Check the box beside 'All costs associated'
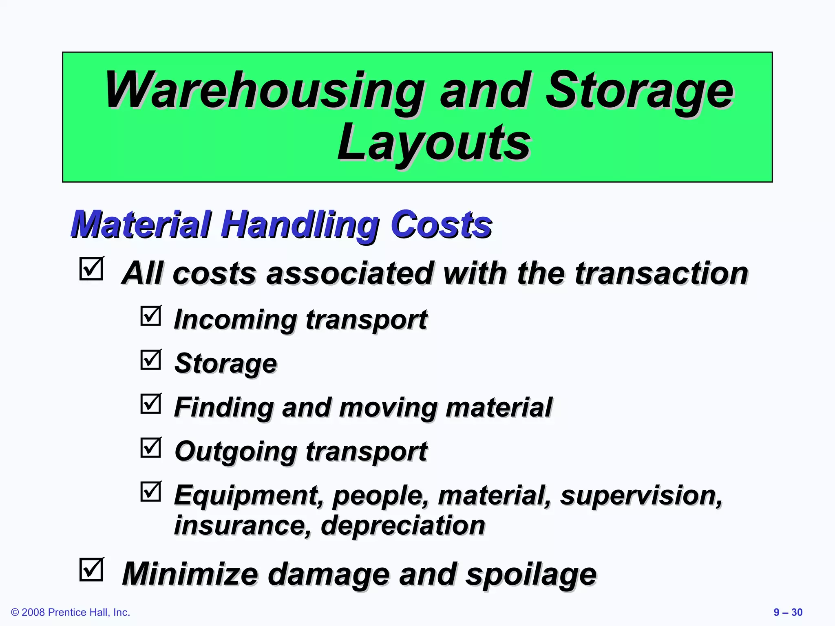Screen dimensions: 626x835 coord(91,269)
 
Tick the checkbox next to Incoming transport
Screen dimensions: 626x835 coord(151,316)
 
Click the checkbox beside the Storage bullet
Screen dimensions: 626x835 coord(151,360)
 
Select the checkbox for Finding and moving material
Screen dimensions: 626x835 coord(151,404)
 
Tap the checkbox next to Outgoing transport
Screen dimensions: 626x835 coord(151,448)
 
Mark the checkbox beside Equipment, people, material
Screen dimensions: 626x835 coord(151,492)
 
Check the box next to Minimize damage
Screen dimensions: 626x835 coord(91,569)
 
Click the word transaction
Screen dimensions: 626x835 coord(661,273)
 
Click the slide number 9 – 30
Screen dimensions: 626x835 coord(788,613)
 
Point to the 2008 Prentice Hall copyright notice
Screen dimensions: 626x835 coord(71,613)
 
